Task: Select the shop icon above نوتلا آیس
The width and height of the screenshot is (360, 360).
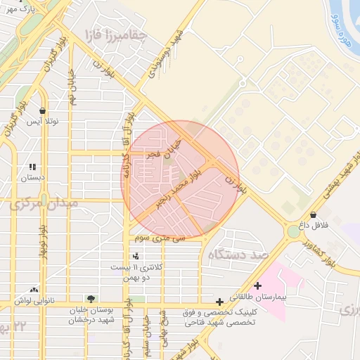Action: pos(43,110)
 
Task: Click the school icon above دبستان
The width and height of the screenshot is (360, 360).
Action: pos(32,167)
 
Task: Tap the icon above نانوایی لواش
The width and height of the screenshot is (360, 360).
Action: pos(34,290)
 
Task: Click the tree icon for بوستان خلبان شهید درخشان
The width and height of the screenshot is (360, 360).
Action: pos(89,299)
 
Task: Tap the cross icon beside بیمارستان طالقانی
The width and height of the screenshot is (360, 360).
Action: pos(258,286)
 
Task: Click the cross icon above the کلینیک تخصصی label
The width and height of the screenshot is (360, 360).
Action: pos(220,301)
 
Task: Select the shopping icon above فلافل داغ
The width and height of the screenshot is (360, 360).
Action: pos(313,214)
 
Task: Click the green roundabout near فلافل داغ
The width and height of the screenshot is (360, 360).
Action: pos(292,231)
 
